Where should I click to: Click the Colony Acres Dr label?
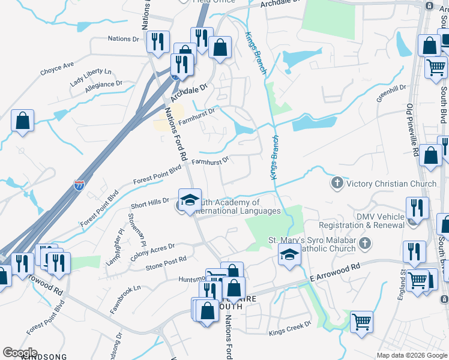152,251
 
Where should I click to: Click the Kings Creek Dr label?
290,328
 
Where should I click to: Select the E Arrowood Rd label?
336,271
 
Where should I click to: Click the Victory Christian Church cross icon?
337,182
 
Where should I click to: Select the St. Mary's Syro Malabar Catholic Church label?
312,244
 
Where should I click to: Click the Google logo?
20,353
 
